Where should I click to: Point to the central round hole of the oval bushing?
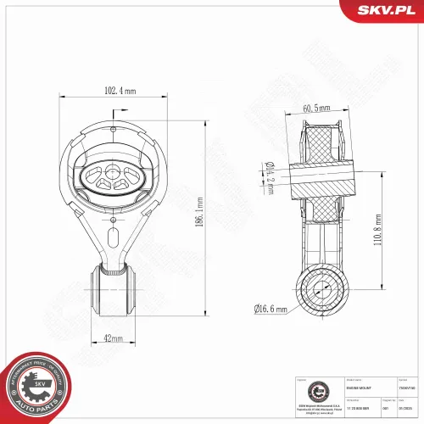114,171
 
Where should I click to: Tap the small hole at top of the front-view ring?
114,129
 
